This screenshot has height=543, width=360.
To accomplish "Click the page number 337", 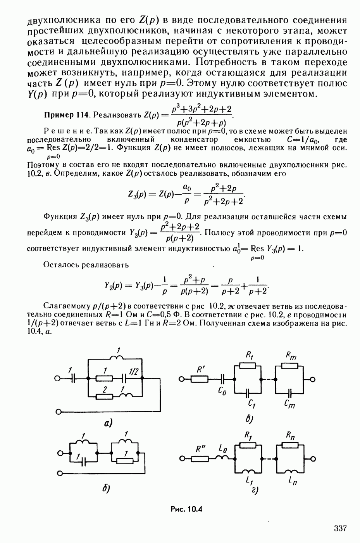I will coord(339,528).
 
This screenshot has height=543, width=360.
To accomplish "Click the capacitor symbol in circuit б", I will coord(83,462).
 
